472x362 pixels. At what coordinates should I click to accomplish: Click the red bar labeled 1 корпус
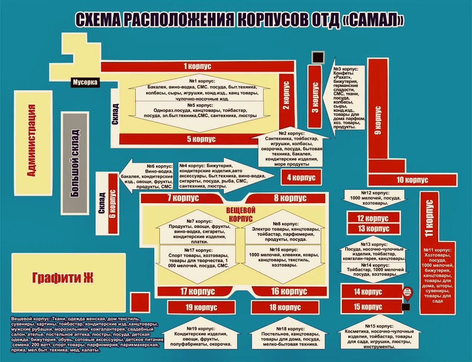click(197, 66)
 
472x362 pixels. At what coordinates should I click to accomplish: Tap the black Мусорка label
click(85, 82)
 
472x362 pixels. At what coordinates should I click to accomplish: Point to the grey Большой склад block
click(75, 163)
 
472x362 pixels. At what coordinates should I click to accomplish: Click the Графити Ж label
click(63, 278)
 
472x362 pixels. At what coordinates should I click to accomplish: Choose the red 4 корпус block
click(301, 177)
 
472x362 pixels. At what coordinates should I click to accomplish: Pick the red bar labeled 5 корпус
click(201, 139)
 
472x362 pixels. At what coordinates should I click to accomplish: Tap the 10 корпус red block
click(412, 180)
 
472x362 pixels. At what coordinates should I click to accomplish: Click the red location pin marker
click(408, 293)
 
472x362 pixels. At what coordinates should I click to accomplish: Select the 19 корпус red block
click(201, 307)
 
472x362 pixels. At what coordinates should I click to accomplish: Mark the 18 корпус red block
click(285, 307)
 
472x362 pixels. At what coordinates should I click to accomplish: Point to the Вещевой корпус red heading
click(240, 214)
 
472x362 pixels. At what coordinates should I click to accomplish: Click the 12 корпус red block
click(373, 218)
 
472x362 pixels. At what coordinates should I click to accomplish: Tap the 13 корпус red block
click(374, 229)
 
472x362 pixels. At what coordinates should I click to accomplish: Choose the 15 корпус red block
click(368, 307)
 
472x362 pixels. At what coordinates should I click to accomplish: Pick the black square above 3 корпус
click(318, 58)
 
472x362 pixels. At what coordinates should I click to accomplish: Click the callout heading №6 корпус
click(160, 166)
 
